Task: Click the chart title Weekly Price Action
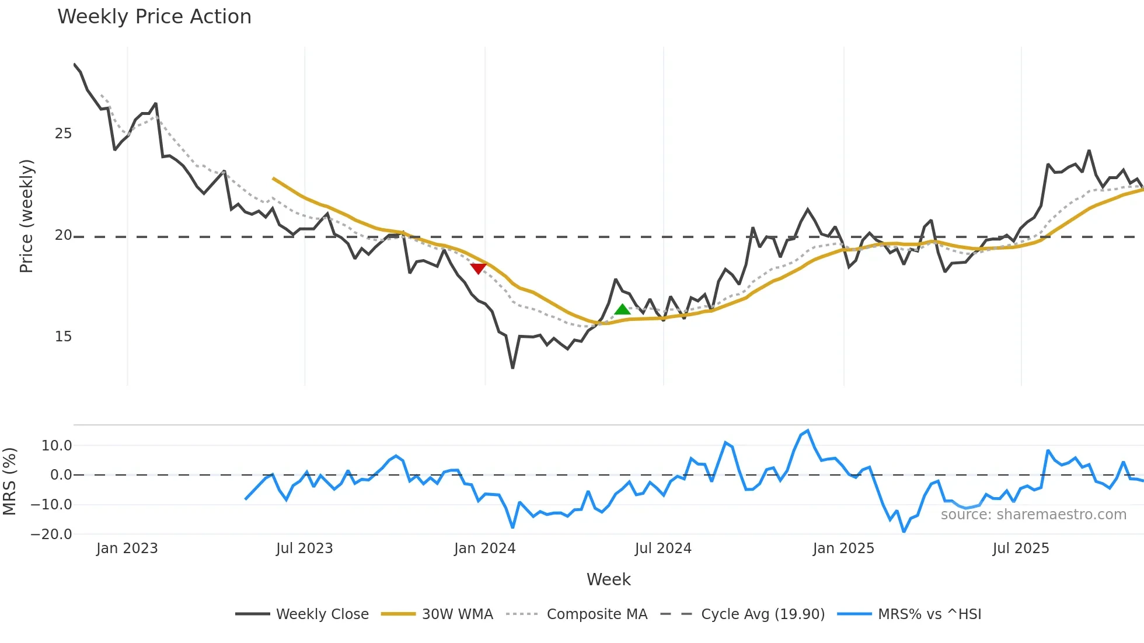tap(154, 17)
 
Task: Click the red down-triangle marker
tap(478, 268)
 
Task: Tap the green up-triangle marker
tap(622, 310)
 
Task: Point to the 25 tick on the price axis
tap(63, 134)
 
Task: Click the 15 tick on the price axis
tap(63, 337)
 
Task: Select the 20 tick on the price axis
tap(63, 235)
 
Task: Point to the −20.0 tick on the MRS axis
tap(51, 534)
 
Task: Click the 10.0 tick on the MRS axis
tap(57, 446)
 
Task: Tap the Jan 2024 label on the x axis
tap(484, 548)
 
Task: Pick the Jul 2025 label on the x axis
tap(1020, 548)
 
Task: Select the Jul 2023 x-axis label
tap(304, 548)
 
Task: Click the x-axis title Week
tap(608, 579)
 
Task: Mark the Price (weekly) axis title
tap(26, 216)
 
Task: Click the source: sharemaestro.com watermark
tap(1033, 515)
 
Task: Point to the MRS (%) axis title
tap(9, 481)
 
